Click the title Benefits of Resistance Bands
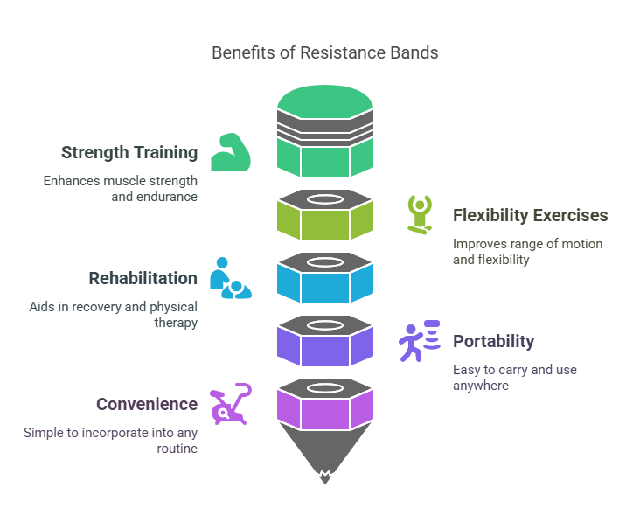click(324, 52)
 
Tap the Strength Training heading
click(129, 153)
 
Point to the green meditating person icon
click(420, 214)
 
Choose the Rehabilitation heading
click(143, 279)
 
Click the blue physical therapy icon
click(231, 278)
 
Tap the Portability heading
click(493, 342)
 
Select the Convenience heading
click(146, 405)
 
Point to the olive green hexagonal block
click(324, 222)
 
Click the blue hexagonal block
click(324, 285)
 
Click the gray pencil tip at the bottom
click(324, 459)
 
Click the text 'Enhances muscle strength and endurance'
click(121, 189)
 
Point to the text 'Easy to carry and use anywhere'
click(514, 377)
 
